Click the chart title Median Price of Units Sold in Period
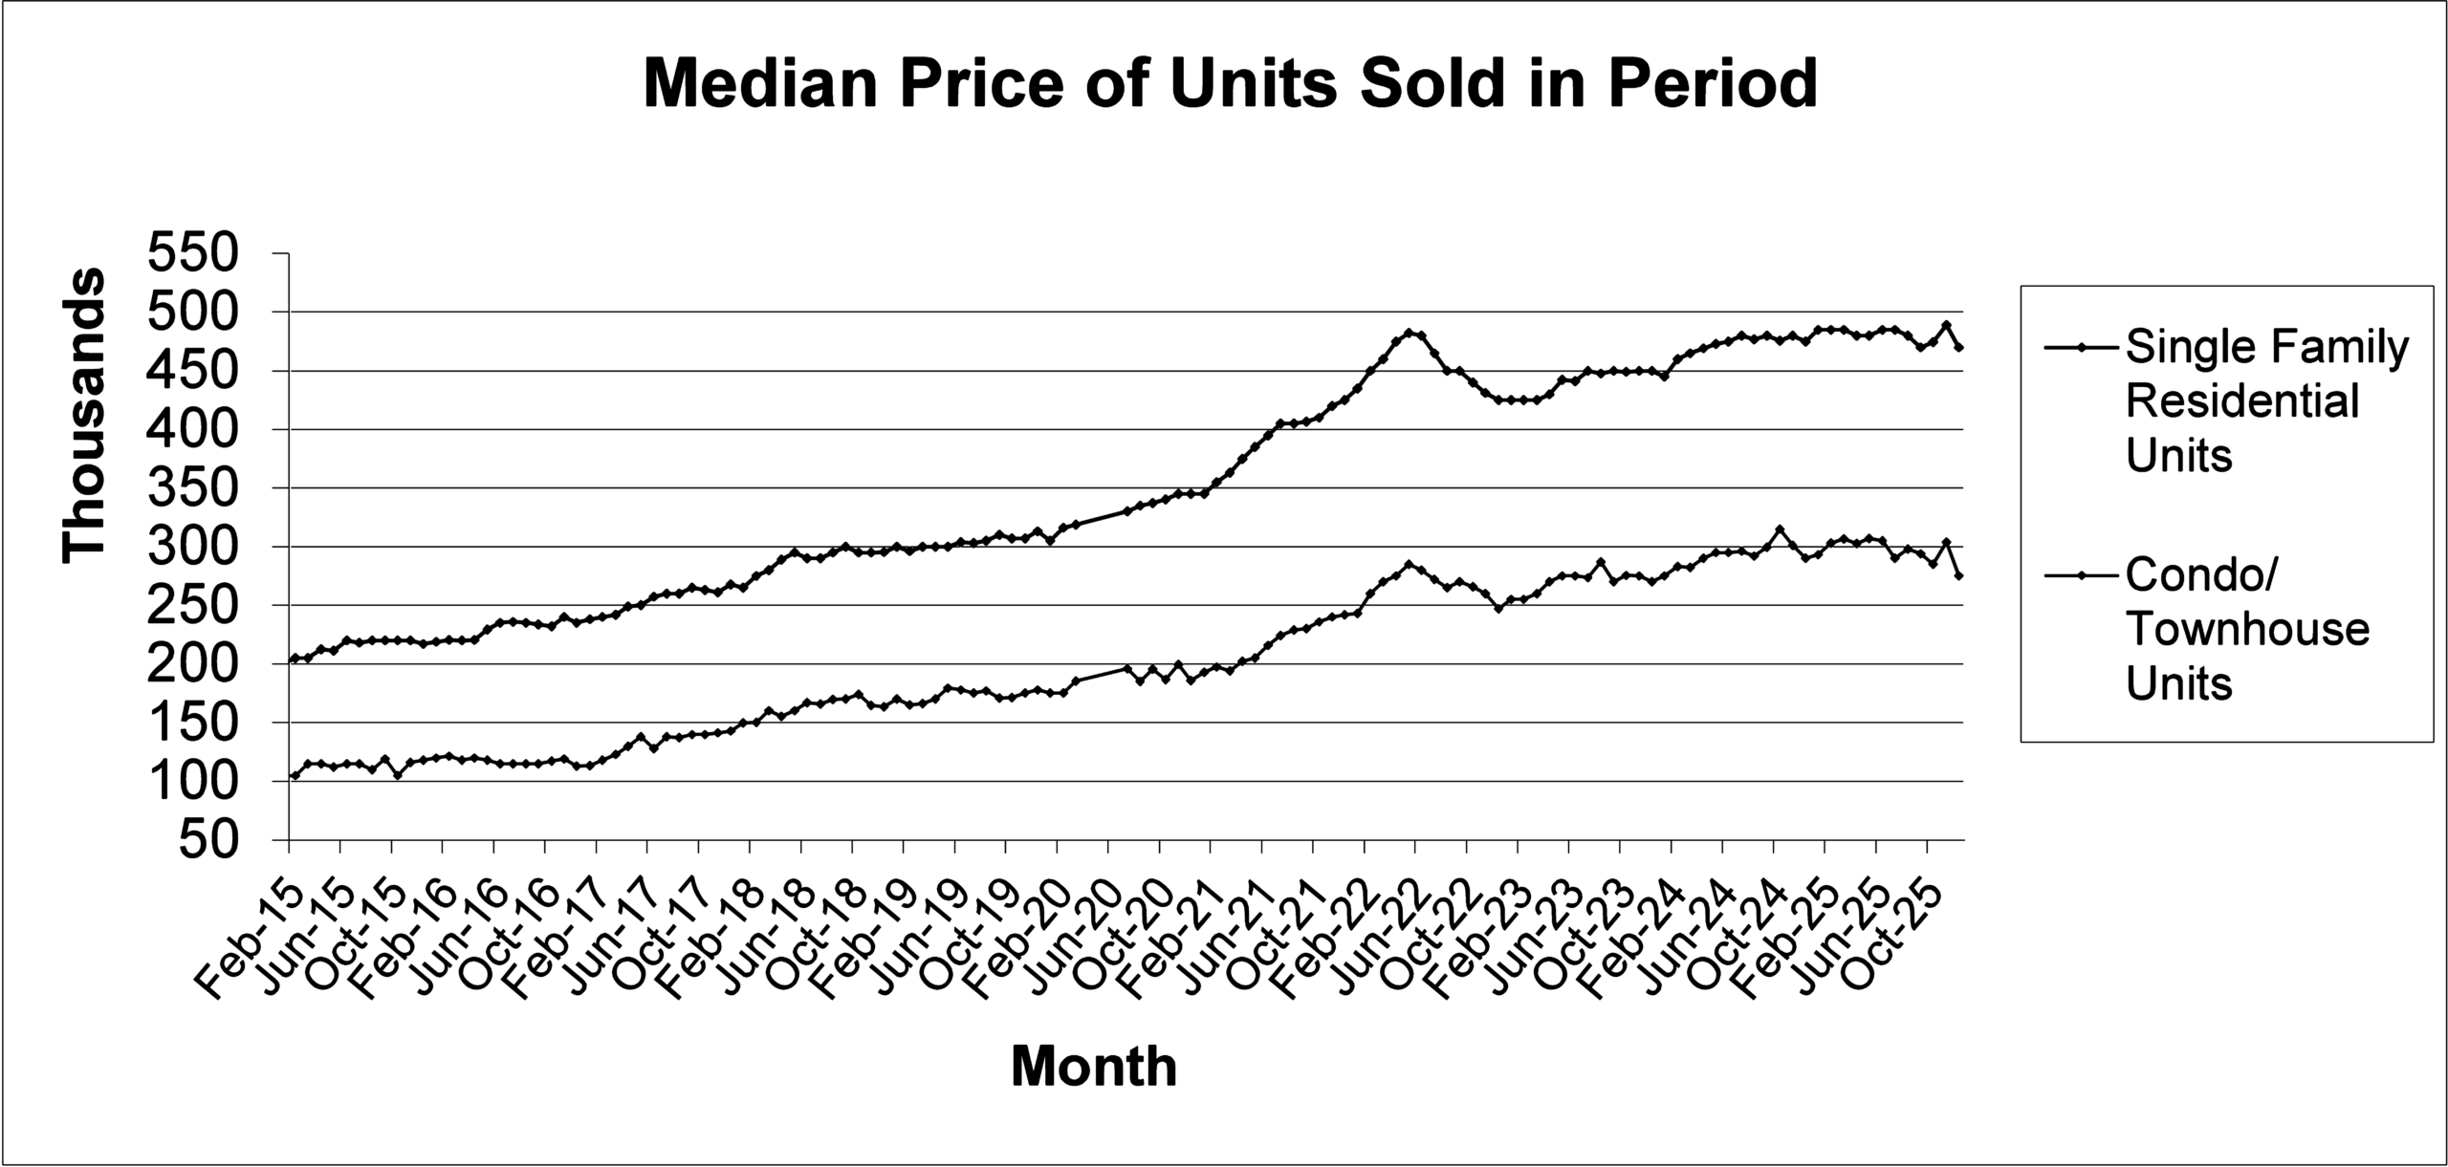click(1230, 84)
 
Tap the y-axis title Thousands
click(84, 416)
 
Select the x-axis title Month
click(1094, 1066)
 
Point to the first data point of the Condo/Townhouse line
click(295, 775)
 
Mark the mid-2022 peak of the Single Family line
click(1409, 333)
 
